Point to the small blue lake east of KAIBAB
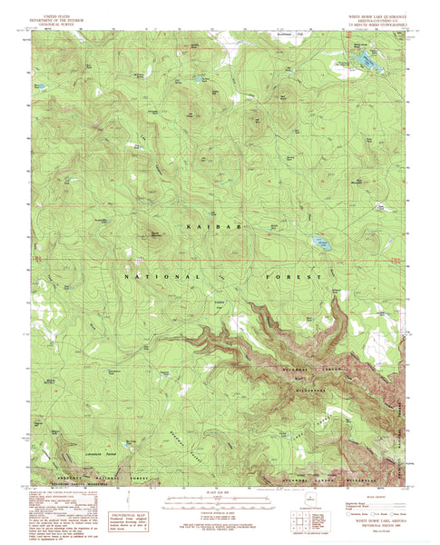pyautogui.click(x=320, y=242)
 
